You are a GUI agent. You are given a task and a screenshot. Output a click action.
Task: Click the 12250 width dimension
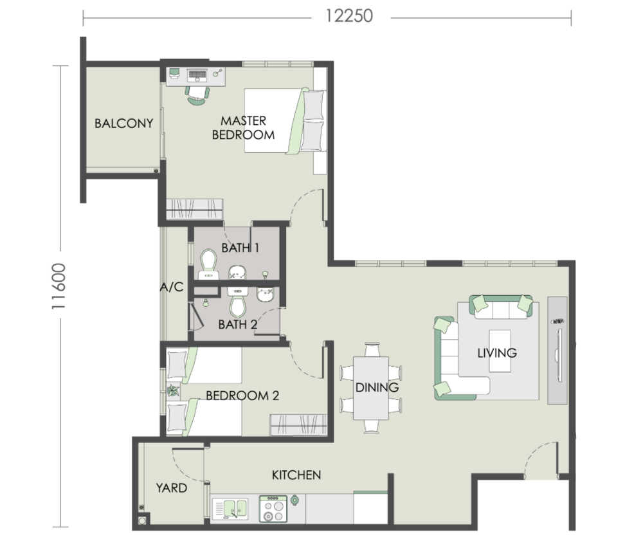pyautogui.click(x=349, y=17)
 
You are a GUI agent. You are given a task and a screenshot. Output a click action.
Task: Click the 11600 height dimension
pyautogui.click(x=59, y=286)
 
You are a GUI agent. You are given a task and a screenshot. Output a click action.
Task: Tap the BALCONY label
pyautogui.click(x=124, y=123)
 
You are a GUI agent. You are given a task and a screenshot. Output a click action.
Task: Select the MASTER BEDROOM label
pyautogui.click(x=244, y=127)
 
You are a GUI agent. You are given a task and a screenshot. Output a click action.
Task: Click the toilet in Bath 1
pyautogui.click(x=209, y=264)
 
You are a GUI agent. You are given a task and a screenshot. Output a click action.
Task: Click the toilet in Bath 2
pyautogui.click(x=237, y=302)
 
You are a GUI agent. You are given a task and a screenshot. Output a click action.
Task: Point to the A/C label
pyautogui.click(x=172, y=287)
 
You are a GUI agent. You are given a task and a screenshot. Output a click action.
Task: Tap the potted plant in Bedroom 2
pyautogui.click(x=173, y=390)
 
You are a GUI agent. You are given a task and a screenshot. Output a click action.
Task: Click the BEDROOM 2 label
pyautogui.click(x=242, y=396)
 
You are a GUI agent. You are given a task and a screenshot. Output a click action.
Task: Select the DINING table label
pyautogui.click(x=377, y=387)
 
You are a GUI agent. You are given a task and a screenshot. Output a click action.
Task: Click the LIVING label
pyautogui.click(x=497, y=352)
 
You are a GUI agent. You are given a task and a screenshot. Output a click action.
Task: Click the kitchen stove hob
pyautogui.click(x=273, y=509)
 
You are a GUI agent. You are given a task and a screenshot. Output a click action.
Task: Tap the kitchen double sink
pyautogui.click(x=230, y=509)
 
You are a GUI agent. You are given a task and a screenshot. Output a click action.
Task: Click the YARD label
pyautogui.click(x=172, y=488)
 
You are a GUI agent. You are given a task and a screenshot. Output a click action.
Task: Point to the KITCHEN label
pyautogui.click(x=296, y=475)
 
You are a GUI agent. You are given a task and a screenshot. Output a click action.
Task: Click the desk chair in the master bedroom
pyautogui.click(x=197, y=96)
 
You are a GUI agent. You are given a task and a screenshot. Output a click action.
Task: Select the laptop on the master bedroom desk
pyautogui.click(x=197, y=75)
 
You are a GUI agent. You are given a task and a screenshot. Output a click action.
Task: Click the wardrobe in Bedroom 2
pyautogui.click(x=298, y=425)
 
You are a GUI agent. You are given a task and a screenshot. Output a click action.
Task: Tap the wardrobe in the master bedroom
pyautogui.click(x=194, y=210)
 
